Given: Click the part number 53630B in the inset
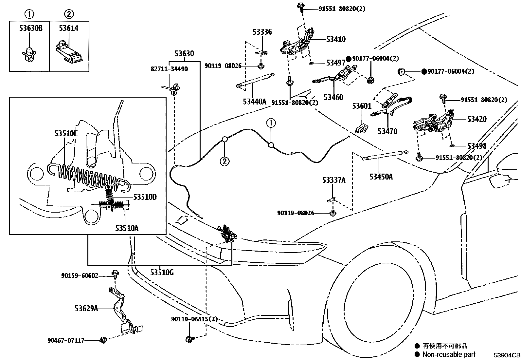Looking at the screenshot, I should click(x=31, y=28).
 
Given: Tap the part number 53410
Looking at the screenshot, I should click(x=336, y=39).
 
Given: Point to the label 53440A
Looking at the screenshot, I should click(x=255, y=102).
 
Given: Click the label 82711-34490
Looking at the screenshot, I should click(x=169, y=69).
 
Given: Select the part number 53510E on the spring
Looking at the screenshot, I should click(x=66, y=133).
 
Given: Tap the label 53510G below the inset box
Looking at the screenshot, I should click(x=162, y=272).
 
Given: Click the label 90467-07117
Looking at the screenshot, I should click(x=65, y=341).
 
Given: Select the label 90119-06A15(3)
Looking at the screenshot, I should click(x=194, y=319).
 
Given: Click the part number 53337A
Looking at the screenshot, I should click(x=333, y=180).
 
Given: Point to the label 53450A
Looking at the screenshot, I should click(x=381, y=177).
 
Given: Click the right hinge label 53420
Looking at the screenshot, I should click(x=477, y=119).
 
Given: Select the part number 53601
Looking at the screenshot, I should click(x=362, y=106).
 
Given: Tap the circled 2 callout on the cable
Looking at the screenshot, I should click(x=225, y=161).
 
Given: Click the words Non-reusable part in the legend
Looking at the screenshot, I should click(x=449, y=354).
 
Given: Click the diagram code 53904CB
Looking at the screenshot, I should click(x=507, y=355).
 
